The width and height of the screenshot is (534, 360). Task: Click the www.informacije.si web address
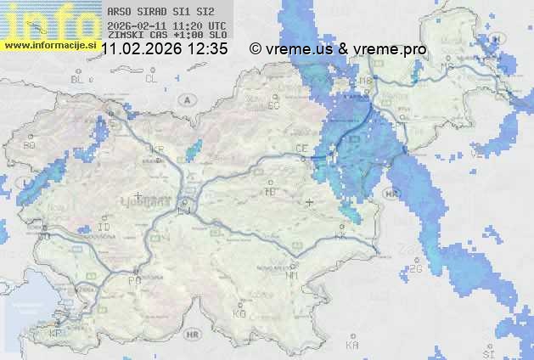[49, 45]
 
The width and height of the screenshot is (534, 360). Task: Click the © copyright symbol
[255, 49]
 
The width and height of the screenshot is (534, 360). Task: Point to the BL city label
[78, 79]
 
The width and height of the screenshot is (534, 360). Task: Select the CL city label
[152, 79]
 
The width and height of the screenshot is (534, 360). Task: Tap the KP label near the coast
[56, 334]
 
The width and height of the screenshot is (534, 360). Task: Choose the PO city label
[133, 280]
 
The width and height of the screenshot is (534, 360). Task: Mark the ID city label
[104, 228]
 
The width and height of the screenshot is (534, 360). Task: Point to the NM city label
[293, 275]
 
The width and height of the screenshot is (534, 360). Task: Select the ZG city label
[416, 269]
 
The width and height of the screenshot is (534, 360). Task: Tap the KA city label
[352, 346]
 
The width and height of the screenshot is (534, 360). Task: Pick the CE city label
[301, 149]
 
